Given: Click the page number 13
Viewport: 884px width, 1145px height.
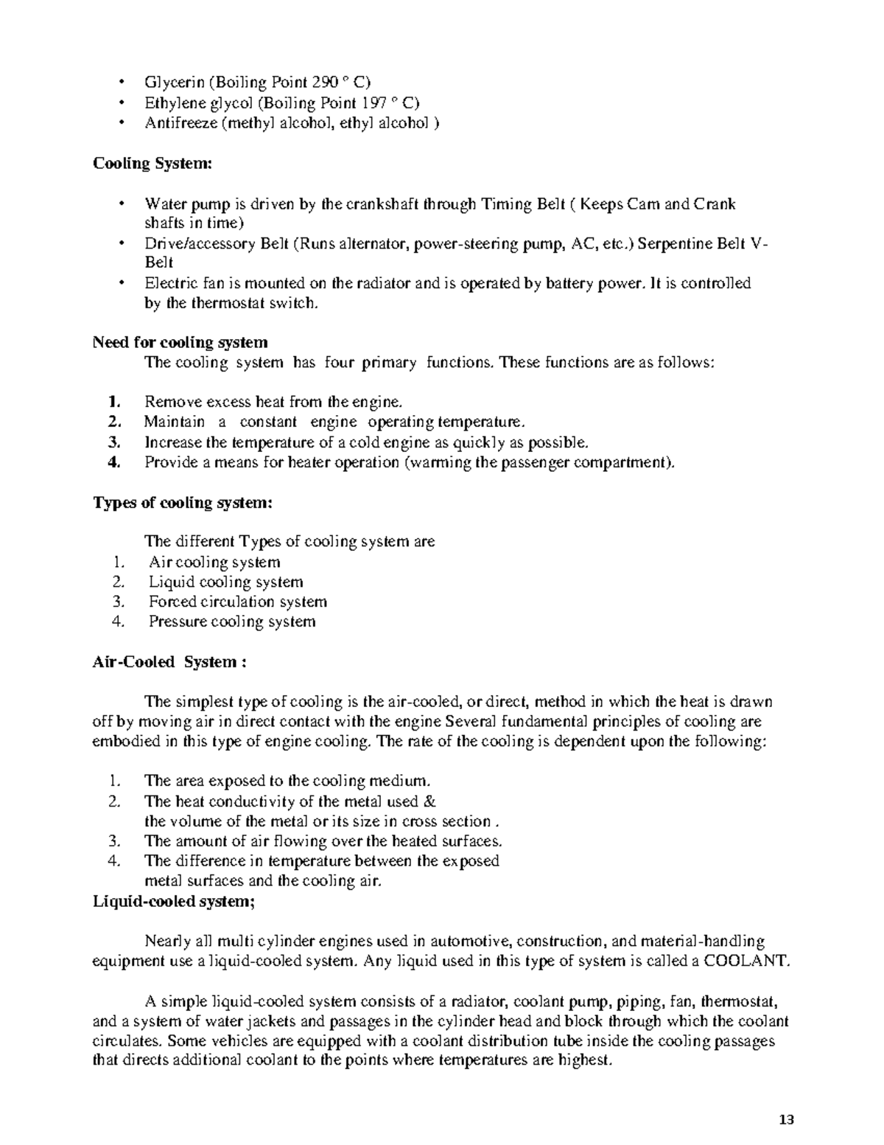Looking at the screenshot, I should tap(786, 1120).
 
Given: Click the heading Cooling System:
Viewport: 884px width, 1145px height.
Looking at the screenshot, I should tap(152, 163).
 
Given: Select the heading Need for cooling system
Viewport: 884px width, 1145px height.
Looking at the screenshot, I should tap(180, 342).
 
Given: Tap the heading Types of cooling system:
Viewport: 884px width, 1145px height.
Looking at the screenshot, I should tap(182, 502).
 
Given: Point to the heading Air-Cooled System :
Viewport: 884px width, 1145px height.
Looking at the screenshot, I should tap(169, 661).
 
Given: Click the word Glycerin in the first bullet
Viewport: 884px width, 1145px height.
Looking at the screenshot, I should tap(174, 83).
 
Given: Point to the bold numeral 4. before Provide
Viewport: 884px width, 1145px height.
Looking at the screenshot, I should tap(113, 462).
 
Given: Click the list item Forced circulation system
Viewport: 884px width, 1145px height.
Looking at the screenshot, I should tap(237, 602).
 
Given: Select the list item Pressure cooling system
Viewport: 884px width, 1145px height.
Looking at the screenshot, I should tap(232, 622).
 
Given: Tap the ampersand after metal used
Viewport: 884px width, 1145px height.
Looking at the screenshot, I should tap(432, 801).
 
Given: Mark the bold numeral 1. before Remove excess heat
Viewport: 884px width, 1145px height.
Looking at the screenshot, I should tap(113, 402).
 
